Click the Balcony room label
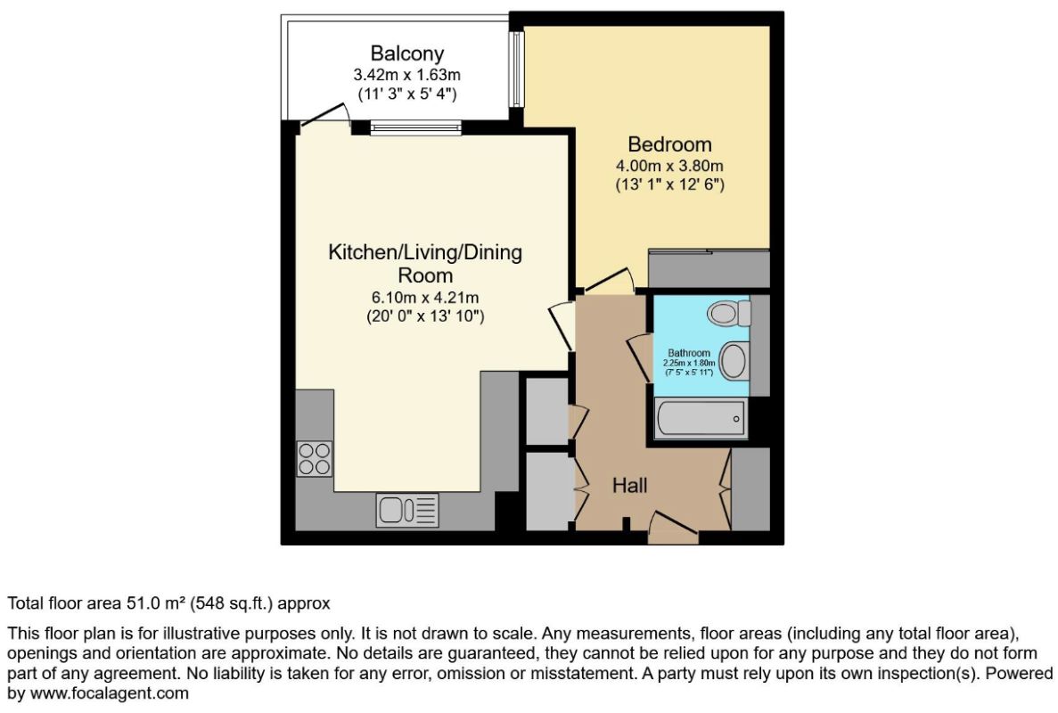[406, 53]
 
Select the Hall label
[629, 485]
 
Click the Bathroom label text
[689, 353]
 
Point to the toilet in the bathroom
[729, 313]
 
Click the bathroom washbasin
[734, 359]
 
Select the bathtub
[701, 418]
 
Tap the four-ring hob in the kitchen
[315, 458]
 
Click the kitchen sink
[406, 510]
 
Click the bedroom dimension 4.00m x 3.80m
[669, 165]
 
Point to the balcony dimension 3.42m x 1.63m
[406, 74]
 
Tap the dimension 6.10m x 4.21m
[425, 297]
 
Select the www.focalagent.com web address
[110, 693]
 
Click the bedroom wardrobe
[709, 268]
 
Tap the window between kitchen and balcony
[415, 127]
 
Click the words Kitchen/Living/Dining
[425, 252]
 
